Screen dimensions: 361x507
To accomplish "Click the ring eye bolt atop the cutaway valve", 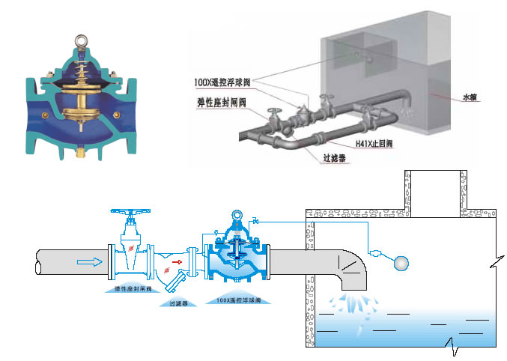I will [79, 37].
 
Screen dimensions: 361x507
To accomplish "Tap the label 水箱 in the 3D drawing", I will [470, 97].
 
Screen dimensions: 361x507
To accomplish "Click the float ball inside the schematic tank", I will [402, 263].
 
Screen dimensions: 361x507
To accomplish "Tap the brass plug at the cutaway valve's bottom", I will [79, 156].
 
